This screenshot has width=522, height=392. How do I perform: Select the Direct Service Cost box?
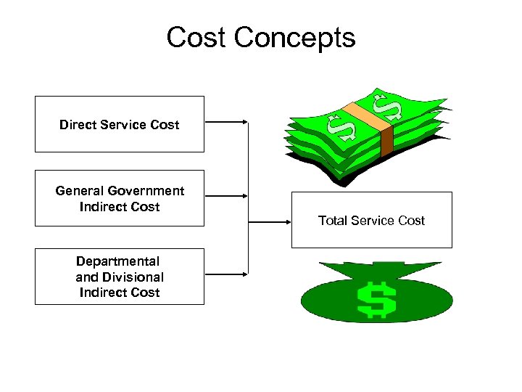(120, 124)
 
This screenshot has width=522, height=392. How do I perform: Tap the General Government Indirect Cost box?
(120, 198)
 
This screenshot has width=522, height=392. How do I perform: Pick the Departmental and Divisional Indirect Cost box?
(120, 277)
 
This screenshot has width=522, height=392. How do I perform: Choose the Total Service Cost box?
(371, 220)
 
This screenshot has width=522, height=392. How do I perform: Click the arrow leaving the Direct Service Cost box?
(226, 123)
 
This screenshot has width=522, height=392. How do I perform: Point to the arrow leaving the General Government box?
(226, 195)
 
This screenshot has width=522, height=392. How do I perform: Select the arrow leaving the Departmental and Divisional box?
(226, 274)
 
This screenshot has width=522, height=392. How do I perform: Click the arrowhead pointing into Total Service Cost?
(286, 221)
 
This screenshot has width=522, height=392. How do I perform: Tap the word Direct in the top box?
(77, 124)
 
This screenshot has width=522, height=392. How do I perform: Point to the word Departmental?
(118, 261)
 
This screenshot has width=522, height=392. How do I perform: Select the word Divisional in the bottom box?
(136, 277)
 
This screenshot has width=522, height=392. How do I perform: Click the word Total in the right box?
(333, 220)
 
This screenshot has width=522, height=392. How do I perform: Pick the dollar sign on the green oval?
(376, 298)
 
